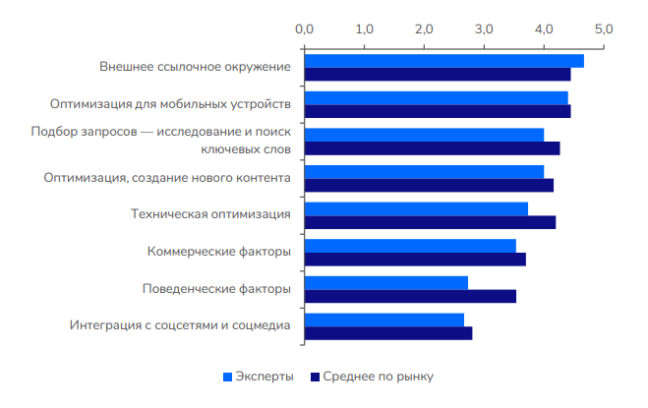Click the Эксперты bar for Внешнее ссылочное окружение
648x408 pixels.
443,61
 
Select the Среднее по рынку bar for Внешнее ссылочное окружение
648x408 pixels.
438,74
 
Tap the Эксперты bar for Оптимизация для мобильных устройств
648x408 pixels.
436,97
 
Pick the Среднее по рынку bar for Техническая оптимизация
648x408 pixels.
430,222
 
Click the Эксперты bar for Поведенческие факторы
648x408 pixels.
385,283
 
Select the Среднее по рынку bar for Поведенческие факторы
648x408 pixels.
410,296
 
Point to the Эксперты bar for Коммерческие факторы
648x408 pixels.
410,246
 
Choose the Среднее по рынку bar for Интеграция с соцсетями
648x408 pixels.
388,333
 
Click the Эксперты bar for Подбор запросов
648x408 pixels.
424,135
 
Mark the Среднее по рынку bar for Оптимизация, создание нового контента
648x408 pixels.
429,185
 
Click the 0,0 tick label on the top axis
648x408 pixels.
304,29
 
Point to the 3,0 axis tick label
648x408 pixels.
484,29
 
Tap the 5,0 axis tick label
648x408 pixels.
604,29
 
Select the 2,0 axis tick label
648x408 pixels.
424,29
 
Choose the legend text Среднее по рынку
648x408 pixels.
379,377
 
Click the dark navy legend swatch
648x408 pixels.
315,377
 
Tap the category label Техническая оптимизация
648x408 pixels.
210,215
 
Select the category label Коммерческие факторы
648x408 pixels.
218,253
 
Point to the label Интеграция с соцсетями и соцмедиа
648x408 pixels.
180,326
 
